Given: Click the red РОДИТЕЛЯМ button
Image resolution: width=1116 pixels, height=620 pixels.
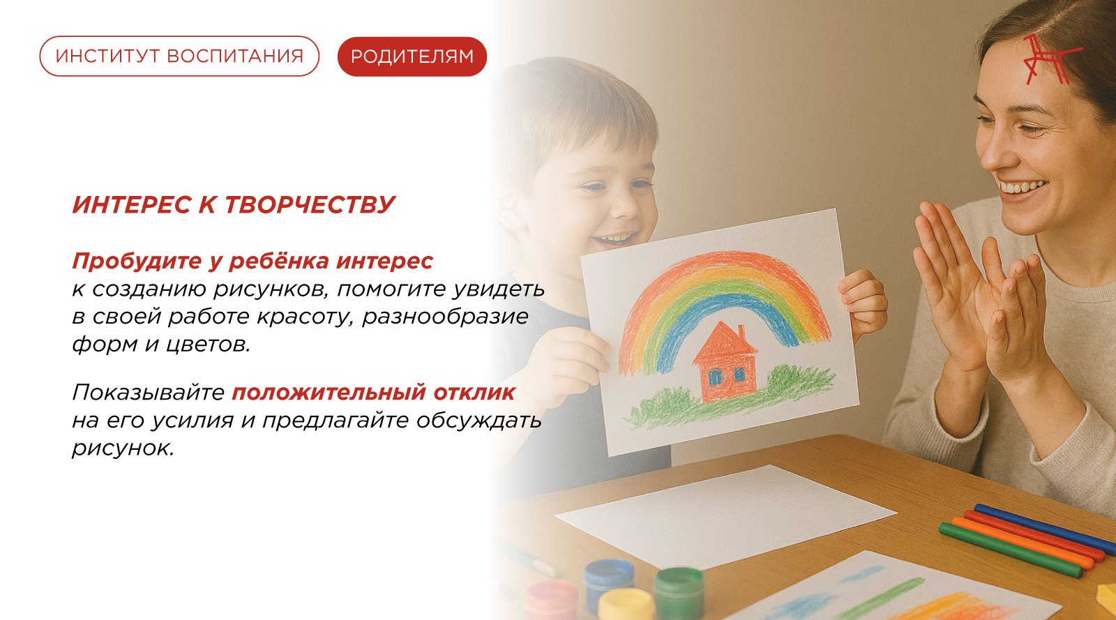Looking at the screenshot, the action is click(412, 56).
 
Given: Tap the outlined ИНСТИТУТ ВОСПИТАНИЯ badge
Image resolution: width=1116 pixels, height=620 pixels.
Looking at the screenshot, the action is click(179, 56).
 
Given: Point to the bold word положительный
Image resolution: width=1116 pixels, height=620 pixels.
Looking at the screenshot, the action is click(329, 393).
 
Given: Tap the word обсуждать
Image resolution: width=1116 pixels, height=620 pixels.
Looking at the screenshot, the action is click(478, 421).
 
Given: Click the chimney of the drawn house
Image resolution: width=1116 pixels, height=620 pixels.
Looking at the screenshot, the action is click(741, 333).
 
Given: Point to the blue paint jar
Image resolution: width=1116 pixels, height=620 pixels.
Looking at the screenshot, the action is click(608, 583).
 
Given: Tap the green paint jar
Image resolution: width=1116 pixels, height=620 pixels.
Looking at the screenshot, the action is click(679, 592).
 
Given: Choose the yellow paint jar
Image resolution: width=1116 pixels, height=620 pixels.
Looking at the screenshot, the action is click(626, 605).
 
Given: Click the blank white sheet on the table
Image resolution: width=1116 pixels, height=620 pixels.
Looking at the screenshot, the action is click(726, 518).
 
